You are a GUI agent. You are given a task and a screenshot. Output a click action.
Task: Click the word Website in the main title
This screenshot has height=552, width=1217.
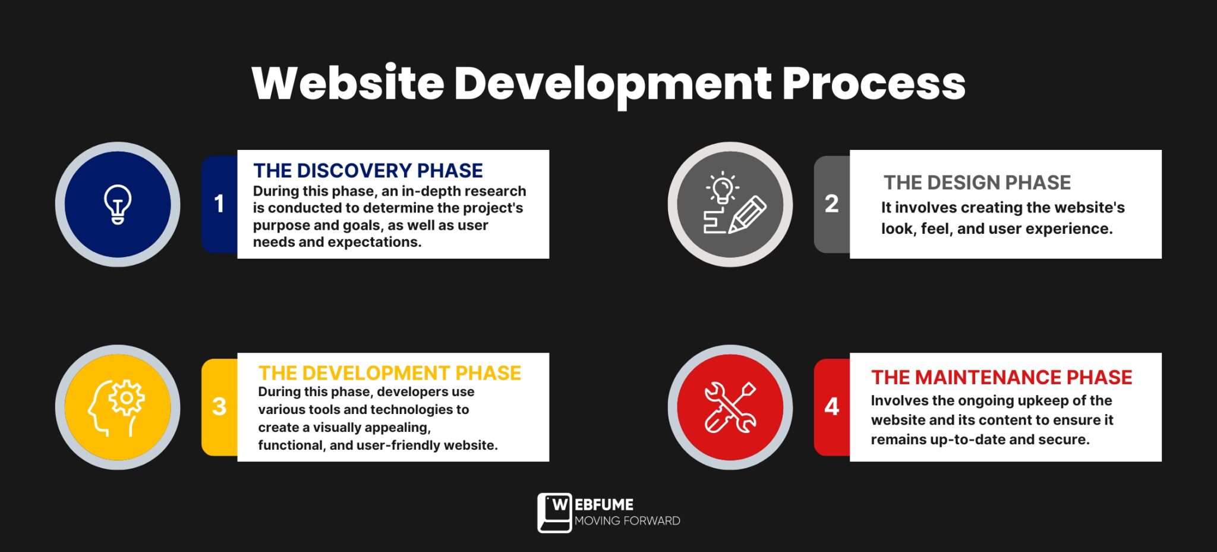pyautogui.click(x=348, y=83)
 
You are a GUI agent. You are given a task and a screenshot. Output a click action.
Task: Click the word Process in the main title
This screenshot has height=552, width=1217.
pyautogui.click(x=874, y=83)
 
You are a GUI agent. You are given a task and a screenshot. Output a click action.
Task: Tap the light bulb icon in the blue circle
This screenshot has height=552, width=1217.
pyautogui.click(x=118, y=204)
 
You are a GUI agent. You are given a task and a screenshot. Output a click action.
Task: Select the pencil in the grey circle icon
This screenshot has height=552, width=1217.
pyautogui.click(x=748, y=214)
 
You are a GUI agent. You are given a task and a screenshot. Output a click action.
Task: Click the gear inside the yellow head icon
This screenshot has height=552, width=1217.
pyautogui.click(x=126, y=397)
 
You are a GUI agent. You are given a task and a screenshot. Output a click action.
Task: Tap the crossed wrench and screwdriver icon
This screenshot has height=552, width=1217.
pyautogui.click(x=730, y=407)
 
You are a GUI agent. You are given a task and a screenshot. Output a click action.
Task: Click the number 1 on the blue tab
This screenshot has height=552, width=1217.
pyautogui.click(x=219, y=204)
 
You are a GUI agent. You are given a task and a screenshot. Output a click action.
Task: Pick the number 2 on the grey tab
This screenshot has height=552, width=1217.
pyautogui.click(x=831, y=204)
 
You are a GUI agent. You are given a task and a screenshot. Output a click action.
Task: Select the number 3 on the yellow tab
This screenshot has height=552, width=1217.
pyautogui.click(x=219, y=407)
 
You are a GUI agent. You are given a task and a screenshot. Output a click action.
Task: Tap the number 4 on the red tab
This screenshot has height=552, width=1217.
pyautogui.click(x=831, y=407)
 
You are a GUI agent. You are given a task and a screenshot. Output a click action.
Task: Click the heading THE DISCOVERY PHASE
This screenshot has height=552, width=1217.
pyautogui.click(x=368, y=171)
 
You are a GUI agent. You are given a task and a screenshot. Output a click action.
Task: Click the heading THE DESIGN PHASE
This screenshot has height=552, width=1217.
pyautogui.click(x=977, y=183)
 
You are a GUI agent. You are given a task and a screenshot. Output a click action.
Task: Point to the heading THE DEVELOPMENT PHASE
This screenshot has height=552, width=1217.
pyautogui.click(x=389, y=373)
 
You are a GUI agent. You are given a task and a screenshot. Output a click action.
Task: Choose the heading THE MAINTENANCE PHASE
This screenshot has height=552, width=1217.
pyautogui.click(x=1001, y=377)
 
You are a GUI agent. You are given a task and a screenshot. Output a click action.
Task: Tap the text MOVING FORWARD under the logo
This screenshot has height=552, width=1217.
pyautogui.click(x=627, y=521)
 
